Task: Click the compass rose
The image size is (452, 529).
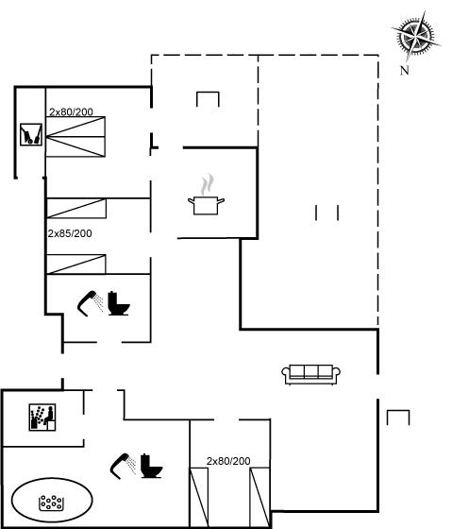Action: click(416, 36)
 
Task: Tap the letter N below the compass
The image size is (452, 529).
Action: click(405, 71)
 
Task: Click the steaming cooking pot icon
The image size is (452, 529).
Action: click(206, 195)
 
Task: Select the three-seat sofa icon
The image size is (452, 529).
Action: click(310, 374)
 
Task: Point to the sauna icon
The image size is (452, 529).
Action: click(42, 418)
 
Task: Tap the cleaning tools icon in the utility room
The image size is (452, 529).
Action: click(31, 134)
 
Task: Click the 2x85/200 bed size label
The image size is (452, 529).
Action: click(70, 233)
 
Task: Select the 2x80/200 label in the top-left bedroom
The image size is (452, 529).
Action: click(71, 111)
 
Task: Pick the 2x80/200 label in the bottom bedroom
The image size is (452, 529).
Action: click(228, 461)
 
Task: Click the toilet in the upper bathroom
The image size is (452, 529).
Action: click(119, 303)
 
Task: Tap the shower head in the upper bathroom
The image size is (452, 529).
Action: click(90, 303)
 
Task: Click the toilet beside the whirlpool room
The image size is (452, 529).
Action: click(151, 466)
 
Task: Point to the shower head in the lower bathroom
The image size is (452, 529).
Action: click(123, 466)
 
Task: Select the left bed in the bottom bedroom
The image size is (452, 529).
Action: click(199, 497)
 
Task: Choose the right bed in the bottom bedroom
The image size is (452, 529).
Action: click(259, 497)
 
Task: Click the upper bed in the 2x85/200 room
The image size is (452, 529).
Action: click(76, 208)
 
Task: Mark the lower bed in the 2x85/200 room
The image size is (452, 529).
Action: click(76, 264)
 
